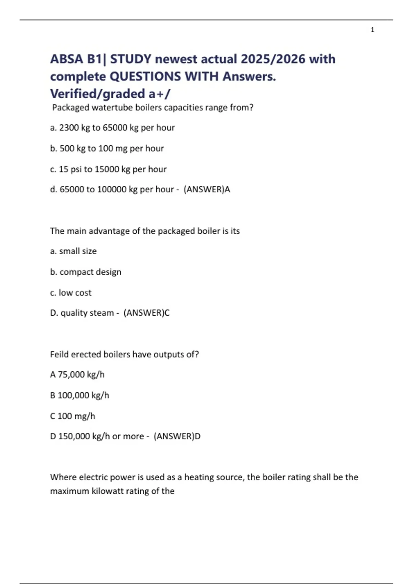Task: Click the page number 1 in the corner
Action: click(372, 30)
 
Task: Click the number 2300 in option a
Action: click(69, 128)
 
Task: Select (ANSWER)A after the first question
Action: click(207, 189)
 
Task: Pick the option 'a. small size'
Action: click(73, 251)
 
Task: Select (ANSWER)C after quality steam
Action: click(147, 313)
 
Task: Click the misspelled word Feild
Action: click(59, 354)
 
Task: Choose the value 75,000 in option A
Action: click(71, 374)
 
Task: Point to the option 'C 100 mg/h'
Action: click(73, 416)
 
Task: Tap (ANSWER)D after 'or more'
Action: click(177, 436)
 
